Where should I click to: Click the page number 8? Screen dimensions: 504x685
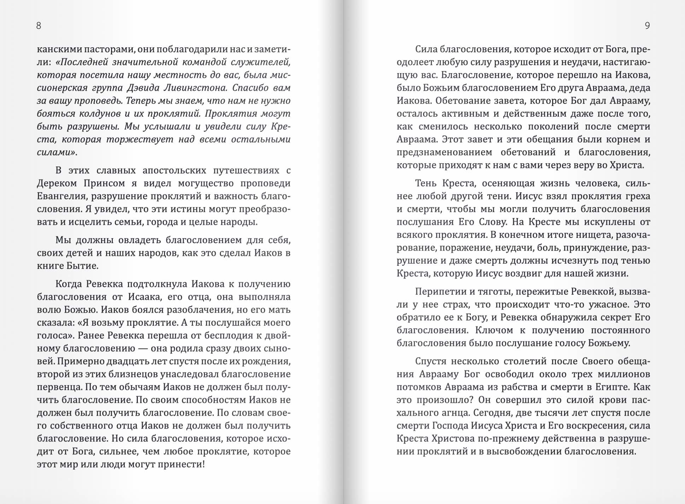(x=39, y=25)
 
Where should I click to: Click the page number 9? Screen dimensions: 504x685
(x=647, y=25)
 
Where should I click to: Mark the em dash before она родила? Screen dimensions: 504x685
(x=143, y=348)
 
